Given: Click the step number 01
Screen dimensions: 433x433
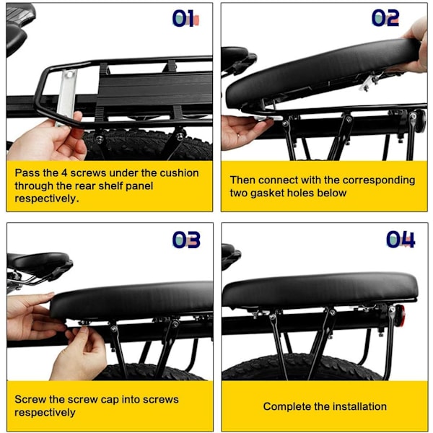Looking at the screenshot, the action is point(185,19).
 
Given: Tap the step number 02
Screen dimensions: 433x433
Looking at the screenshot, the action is point(385,18).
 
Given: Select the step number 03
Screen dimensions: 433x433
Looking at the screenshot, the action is point(186,240).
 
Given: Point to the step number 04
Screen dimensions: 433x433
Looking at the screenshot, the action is point(401,240).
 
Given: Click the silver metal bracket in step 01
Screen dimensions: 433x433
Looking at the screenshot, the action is point(66,97).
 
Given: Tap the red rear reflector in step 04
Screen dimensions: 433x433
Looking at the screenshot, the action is point(403,315).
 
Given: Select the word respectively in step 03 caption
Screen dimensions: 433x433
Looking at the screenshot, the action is point(45,413).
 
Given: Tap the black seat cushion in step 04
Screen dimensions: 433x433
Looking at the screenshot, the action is point(320,290).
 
